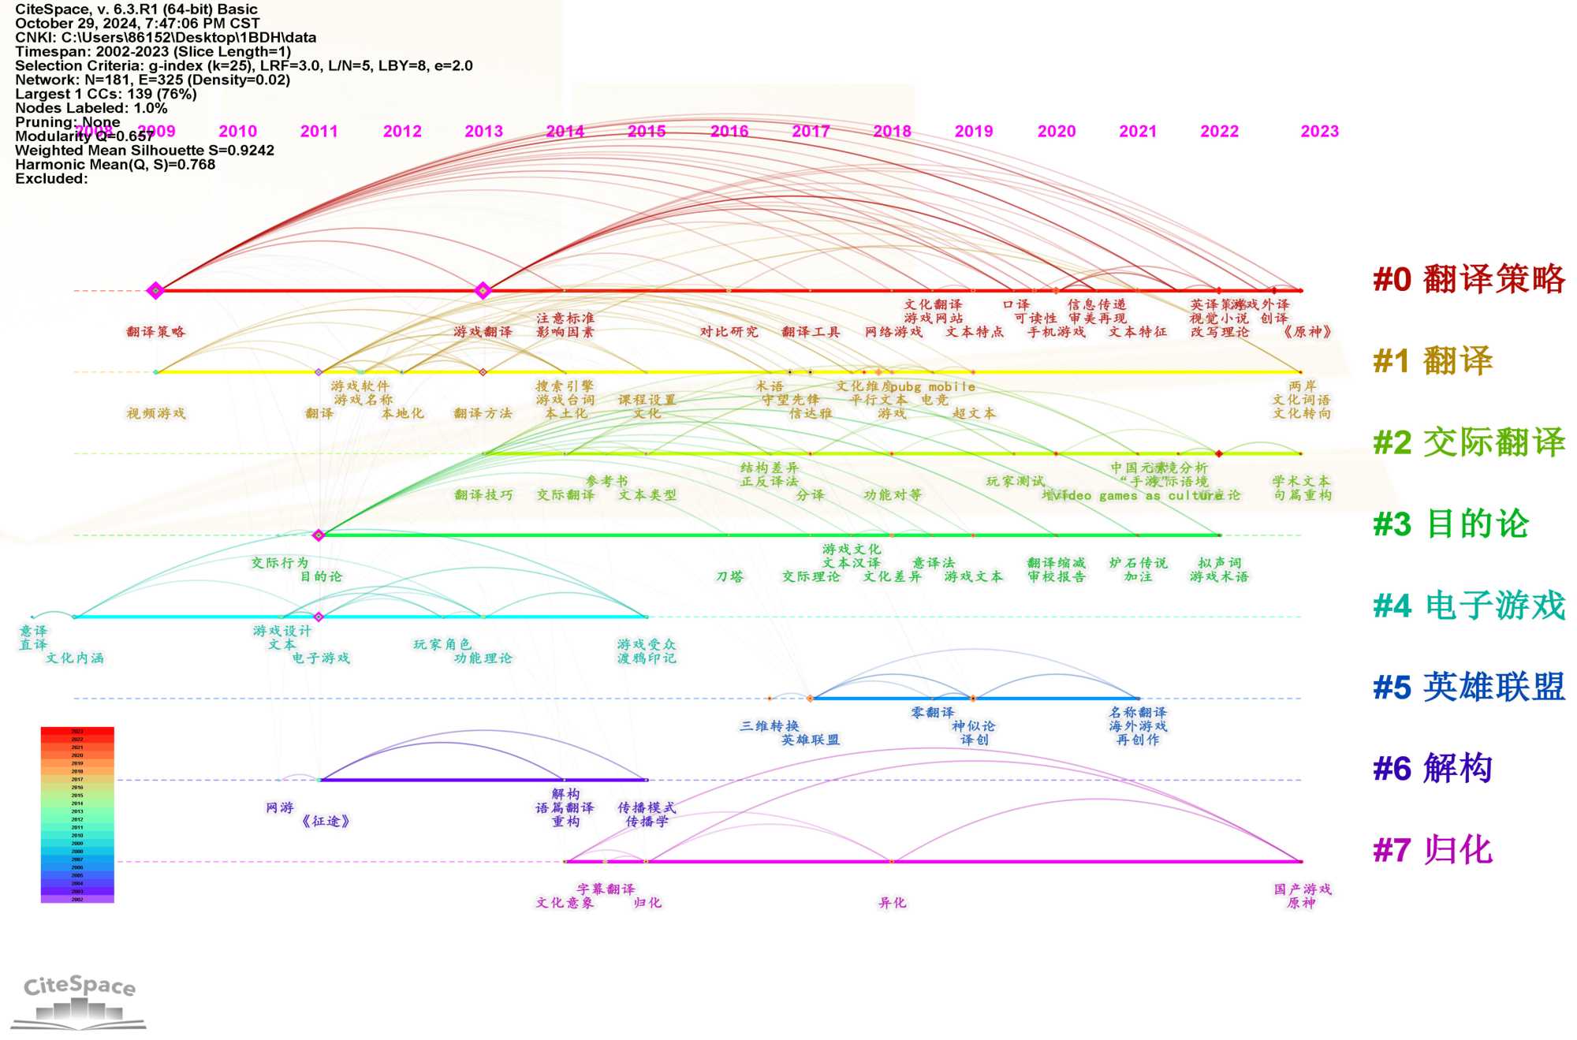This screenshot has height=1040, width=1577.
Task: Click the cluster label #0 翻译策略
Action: point(1468,279)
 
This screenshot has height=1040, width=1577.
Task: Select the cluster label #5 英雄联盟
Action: point(1468,687)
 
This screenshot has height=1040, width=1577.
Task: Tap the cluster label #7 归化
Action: point(1433,850)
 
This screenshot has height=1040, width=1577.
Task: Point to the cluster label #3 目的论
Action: point(1450,524)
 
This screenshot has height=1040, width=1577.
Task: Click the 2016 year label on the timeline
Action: point(729,132)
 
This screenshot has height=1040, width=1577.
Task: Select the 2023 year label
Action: point(1319,132)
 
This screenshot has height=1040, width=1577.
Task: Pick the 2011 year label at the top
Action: point(319,132)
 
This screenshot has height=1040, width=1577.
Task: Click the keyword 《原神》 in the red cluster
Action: point(1307,332)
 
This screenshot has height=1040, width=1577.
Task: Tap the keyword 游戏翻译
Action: point(483,332)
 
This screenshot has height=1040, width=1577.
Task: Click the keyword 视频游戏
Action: point(156,413)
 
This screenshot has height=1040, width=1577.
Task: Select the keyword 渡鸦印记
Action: point(647,658)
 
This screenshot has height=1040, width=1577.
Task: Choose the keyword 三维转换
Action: point(769,725)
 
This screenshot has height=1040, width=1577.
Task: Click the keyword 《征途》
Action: point(326,821)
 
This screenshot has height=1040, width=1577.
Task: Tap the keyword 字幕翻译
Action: point(606,889)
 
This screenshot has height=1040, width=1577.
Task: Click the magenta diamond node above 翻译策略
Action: point(155,291)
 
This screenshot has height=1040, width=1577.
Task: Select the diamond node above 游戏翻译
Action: point(483,291)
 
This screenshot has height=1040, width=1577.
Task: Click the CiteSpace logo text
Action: point(80,986)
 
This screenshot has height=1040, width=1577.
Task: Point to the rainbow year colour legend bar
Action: point(77,814)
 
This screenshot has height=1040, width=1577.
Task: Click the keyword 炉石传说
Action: point(1138,563)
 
